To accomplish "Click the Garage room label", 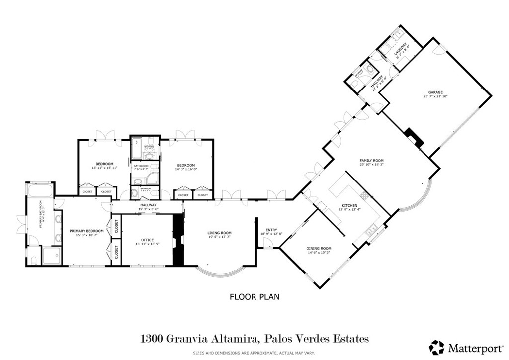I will [436, 92].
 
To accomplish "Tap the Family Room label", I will [372, 160].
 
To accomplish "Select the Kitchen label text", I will [349, 205].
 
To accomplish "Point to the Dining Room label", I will [319, 248].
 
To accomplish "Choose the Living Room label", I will [219, 233].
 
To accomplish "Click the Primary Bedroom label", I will [86, 231].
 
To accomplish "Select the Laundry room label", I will [397, 50].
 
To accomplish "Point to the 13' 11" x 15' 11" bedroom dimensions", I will [104, 168].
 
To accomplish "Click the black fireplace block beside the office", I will [177, 239].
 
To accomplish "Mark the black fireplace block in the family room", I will [415, 138].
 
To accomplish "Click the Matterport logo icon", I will [437, 347].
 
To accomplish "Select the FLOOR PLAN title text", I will [254, 297].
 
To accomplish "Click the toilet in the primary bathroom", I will [33, 259].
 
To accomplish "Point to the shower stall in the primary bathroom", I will [52, 256].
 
